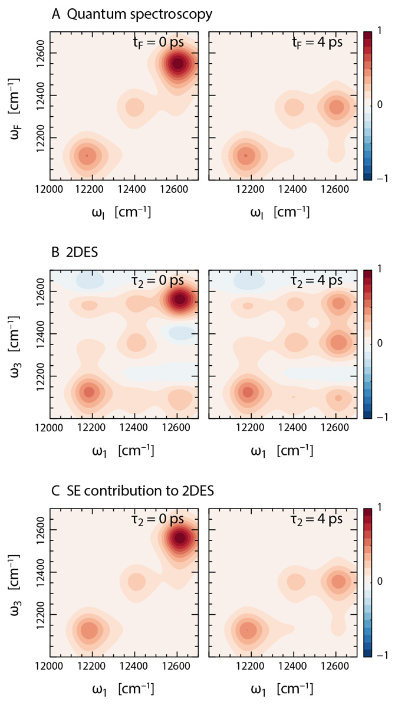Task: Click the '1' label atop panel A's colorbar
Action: (x=382, y=29)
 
